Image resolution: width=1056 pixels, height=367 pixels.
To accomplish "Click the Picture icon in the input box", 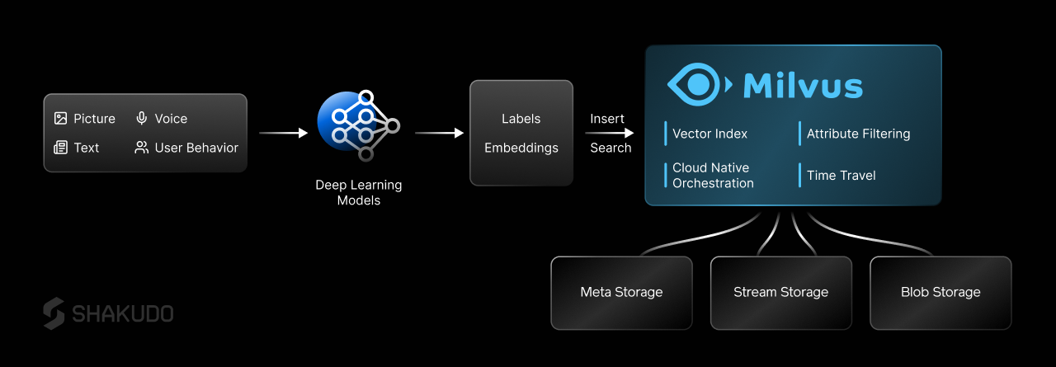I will pos(60,119).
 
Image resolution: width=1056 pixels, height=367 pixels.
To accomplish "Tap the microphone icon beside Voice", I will pos(142,119).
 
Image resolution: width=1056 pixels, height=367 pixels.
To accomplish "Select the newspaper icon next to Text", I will pos(60,148).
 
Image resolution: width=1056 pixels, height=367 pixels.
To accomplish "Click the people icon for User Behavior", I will pos(142,148).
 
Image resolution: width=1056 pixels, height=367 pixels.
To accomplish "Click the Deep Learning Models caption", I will pos(359,192).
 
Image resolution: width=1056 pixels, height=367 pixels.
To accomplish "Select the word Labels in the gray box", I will pos(521,119).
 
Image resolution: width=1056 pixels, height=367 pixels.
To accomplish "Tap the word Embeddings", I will pos(521,148).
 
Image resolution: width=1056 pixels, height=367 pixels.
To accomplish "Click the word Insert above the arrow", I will pos(607,119).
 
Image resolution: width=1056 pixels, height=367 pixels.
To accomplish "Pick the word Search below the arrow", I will pos(610,148).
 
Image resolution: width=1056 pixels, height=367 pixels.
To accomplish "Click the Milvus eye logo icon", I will pos(698,85).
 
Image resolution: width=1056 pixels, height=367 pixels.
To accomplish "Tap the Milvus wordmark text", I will pos(803,86).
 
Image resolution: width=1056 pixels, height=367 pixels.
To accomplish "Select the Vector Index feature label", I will pos(710,134).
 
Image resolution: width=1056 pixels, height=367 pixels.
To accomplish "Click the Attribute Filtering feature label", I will pos(858,134).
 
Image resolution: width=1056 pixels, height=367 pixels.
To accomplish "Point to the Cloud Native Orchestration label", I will pos(713,175).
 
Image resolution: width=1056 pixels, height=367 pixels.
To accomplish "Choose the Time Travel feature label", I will pos(841,175).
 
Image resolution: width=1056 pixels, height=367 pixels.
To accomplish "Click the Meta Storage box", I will pos(621,292).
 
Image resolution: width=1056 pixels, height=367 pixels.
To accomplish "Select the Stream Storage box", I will pos(780,292).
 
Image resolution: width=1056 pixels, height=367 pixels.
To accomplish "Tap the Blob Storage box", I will pos(940,292).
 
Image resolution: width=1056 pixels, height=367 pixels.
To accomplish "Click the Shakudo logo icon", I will pos(54,313).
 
